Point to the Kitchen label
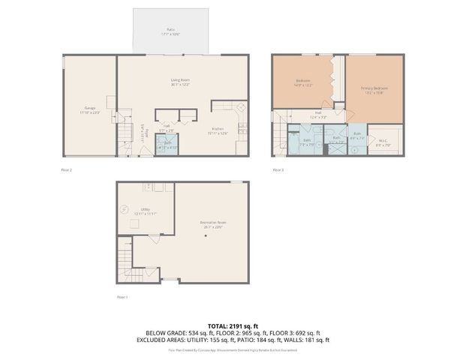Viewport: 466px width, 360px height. click(x=218, y=129)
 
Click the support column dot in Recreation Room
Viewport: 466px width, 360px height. click(x=204, y=236)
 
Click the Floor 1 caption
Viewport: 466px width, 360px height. click(x=122, y=297)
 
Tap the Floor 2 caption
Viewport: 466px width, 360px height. click(x=66, y=170)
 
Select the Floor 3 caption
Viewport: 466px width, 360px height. click(x=278, y=170)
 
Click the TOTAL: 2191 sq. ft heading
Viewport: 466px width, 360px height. click(x=233, y=325)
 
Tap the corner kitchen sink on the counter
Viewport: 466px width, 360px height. click(x=242, y=108)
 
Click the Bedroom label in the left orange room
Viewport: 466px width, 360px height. click(x=304, y=82)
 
